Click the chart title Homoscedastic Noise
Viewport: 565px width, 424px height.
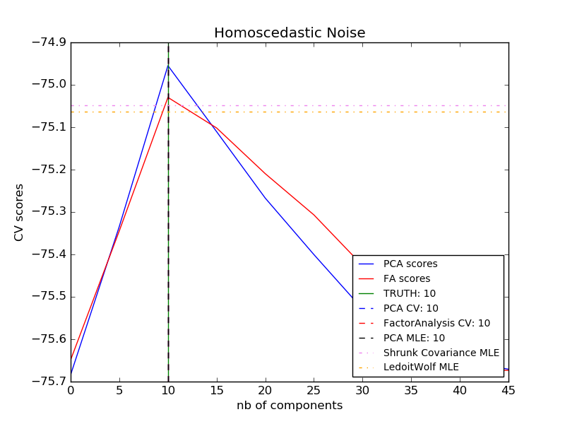tap(290, 33)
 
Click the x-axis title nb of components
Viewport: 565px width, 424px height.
tap(290, 406)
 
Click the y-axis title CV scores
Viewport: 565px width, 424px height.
tap(19, 212)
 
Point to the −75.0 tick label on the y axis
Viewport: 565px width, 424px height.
tap(46, 85)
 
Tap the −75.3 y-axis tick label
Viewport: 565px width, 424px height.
tap(46, 212)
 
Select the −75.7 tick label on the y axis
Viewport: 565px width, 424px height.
tap(46, 382)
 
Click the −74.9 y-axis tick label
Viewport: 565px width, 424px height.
tap(46, 42)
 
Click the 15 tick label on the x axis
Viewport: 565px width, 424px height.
tap(217, 390)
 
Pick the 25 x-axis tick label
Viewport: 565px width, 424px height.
tap(314, 390)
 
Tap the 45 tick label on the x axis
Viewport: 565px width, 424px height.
tap(509, 390)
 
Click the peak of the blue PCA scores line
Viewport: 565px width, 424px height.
tap(168, 66)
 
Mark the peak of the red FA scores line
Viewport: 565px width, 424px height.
tap(168, 97)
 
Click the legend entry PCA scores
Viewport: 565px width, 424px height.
tap(410, 264)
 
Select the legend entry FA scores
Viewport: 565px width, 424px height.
tap(406, 278)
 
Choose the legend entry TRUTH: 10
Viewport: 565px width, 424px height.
tap(410, 293)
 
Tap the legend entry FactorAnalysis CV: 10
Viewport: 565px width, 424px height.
tap(436, 323)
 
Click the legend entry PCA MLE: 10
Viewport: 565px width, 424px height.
tap(414, 338)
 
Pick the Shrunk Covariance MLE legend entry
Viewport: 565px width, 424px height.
tap(441, 353)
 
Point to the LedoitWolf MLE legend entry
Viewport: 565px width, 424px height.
tap(421, 367)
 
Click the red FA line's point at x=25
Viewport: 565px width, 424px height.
tap(314, 215)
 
